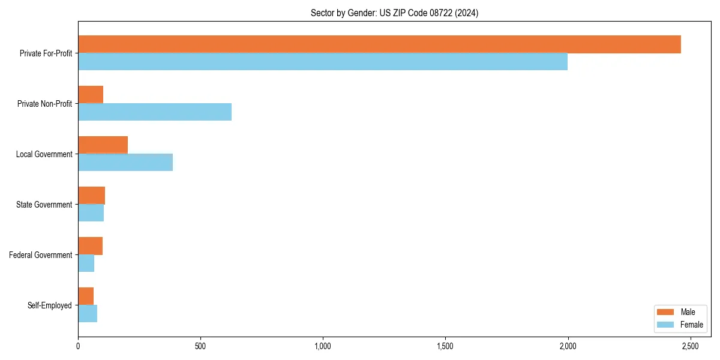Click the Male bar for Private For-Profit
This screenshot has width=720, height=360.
379,44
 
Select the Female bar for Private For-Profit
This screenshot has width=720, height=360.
323,62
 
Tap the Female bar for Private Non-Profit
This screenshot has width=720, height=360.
155,112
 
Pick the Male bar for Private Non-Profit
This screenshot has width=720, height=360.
91,95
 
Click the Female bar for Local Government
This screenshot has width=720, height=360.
125,163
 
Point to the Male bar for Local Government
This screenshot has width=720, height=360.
103,145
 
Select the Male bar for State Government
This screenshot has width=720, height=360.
91,196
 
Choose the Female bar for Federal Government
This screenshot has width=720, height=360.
86,263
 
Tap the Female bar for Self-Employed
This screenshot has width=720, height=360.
88,314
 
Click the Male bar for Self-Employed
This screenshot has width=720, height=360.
86,296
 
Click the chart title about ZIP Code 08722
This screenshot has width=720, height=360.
394,13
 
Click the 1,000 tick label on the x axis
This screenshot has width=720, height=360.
323,346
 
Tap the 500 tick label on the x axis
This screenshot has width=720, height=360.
200,346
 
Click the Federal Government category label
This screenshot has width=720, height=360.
41,255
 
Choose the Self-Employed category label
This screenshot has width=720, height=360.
50,305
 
